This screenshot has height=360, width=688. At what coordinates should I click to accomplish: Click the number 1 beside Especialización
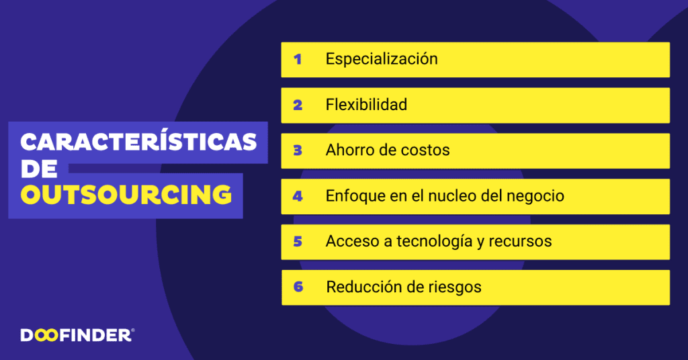298,59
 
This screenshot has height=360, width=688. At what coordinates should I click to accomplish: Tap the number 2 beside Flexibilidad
298,105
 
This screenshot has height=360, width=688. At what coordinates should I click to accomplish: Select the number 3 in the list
298,150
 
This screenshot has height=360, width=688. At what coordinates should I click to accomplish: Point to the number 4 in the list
298,196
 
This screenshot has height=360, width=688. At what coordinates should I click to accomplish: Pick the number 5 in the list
298,241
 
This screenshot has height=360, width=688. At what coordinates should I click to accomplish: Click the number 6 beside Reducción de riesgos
298,287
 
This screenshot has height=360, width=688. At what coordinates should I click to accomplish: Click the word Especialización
382,59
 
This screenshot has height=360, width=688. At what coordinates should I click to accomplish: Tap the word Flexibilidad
366,105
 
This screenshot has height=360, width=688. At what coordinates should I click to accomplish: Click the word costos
425,150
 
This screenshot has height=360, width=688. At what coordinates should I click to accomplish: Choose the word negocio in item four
533,196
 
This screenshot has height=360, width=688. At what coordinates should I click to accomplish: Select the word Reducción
365,287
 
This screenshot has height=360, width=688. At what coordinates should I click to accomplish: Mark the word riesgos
454,287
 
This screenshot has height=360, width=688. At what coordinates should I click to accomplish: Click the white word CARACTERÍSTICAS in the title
138,142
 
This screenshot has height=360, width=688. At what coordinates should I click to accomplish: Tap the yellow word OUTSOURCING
126,194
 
